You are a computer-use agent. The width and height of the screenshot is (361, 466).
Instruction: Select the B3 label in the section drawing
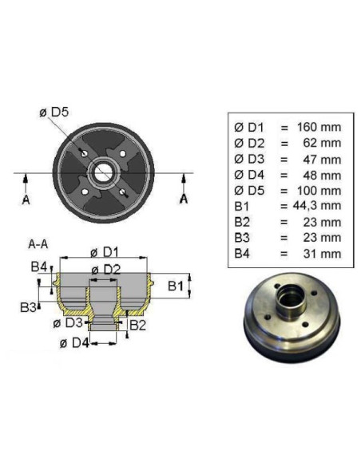coord(27,306)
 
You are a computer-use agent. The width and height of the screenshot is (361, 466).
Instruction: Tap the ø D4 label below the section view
coord(74,344)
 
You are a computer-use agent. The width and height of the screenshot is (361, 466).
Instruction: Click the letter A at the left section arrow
coord(26,199)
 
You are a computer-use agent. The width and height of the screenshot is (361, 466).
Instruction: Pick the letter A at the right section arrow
coord(184,199)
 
